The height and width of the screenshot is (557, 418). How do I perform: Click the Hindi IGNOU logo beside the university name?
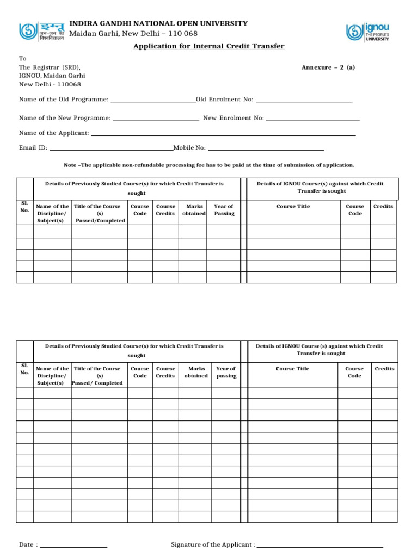pos(41,32)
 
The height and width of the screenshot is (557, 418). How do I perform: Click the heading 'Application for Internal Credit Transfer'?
pos(209,47)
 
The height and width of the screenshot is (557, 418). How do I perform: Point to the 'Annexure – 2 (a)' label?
pos(328,67)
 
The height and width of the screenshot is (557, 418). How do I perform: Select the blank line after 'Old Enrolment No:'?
pos(304,100)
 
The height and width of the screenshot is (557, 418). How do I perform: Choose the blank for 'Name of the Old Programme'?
pos(153,100)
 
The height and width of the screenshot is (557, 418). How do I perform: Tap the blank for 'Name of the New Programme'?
pos(156,119)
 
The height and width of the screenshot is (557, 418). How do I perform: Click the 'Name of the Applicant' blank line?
pos(223,134)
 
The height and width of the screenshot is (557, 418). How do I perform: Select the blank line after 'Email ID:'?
pos(111,148)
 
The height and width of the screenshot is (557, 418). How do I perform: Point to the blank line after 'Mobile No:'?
pos(266,148)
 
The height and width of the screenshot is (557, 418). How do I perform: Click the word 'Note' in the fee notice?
pos(70,165)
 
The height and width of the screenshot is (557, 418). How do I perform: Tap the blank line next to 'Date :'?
pos(73,545)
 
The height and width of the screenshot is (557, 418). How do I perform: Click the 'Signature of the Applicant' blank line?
pos(320,545)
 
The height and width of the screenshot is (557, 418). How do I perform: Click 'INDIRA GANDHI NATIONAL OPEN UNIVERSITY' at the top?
pos(158,24)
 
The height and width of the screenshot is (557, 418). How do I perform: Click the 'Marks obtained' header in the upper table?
pos(194,210)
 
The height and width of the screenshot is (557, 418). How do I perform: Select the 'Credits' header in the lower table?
pos(384,369)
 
